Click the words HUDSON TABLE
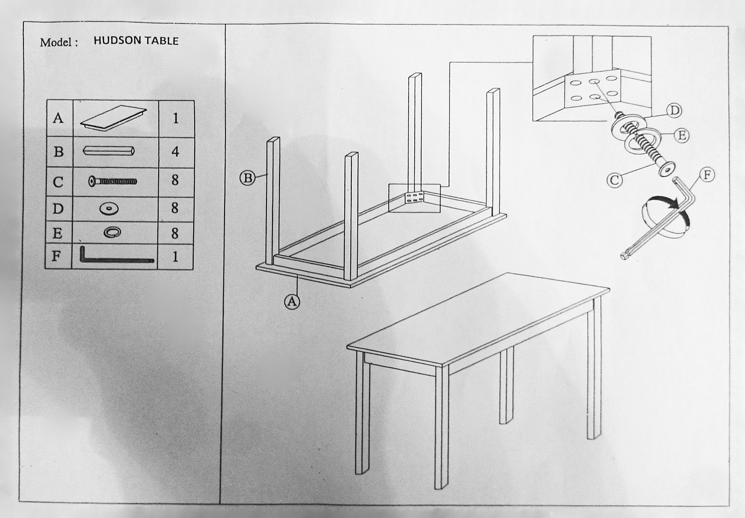pyautogui.click(x=136, y=40)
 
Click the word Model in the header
pyautogui.click(x=56, y=42)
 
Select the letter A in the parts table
pyautogui.click(x=58, y=118)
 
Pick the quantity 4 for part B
pyautogui.click(x=175, y=152)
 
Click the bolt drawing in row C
pyautogui.click(x=112, y=182)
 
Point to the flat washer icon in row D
pyautogui.click(x=109, y=209)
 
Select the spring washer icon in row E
pyautogui.click(x=112, y=232)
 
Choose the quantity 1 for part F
pyautogui.click(x=175, y=257)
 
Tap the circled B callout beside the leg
pyautogui.click(x=248, y=178)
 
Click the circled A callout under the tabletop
pyautogui.click(x=292, y=301)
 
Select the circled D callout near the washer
pyautogui.click(x=674, y=110)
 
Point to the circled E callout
pyautogui.click(x=682, y=135)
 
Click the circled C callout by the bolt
pyautogui.click(x=615, y=180)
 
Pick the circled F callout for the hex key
pyautogui.click(x=707, y=175)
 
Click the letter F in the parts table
pyautogui.click(x=56, y=256)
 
